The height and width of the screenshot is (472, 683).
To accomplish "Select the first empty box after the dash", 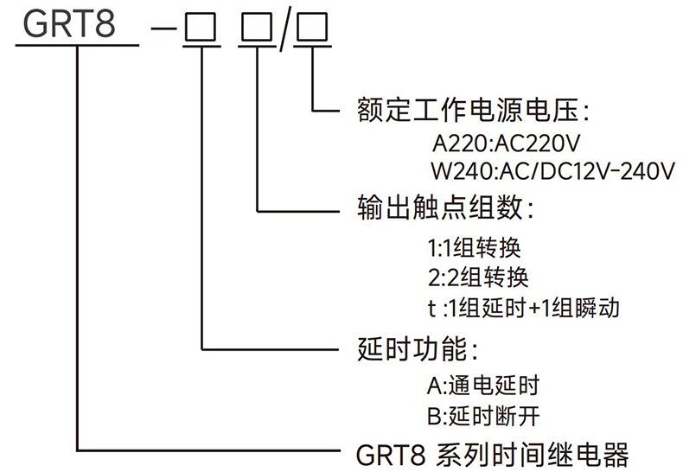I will pyautogui.click(x=201, y=29).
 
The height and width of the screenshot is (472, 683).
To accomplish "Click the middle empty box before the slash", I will pyautogui.click(x=258, y=29).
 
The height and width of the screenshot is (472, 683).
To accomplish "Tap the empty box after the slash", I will pyautogui.click(x=310, y=29).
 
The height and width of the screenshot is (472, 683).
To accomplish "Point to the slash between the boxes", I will pyautogui.click(x=284, y=29).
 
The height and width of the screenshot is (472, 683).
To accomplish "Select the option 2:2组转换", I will pyautogui.click(x=476, y=278).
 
